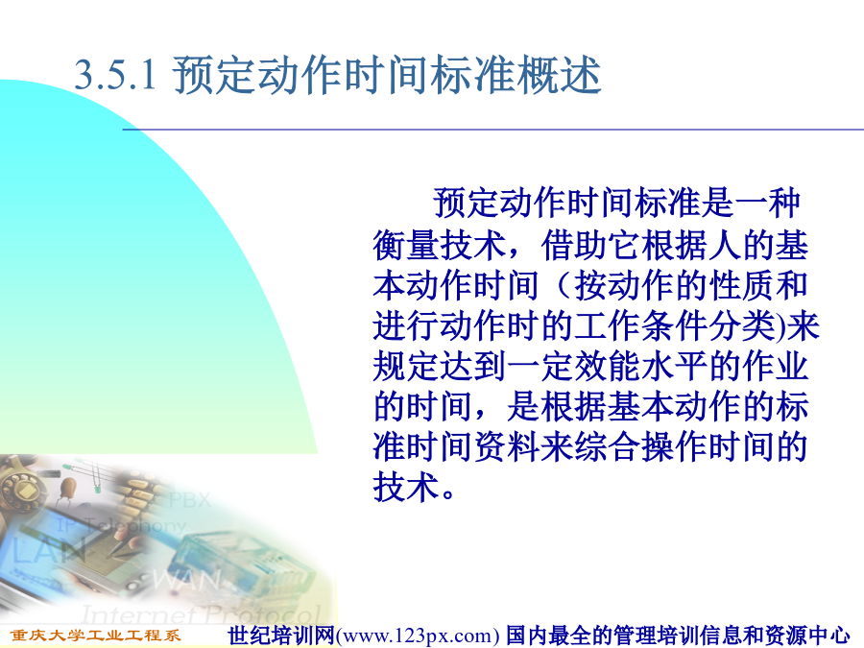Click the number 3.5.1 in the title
click(x=115, y=74)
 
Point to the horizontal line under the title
click(x=492, y=130)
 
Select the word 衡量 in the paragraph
click(x=405, y=245)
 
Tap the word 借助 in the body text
click(x=574, y=245)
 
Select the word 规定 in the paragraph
click(x=405, y=367)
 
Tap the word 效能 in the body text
click(x=608, y=367)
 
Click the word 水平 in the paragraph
click(x=675, y=367)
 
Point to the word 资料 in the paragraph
click(x=507, y=446)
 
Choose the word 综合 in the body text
click(x=608, y=446)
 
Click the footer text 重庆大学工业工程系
click(x=95, y=636)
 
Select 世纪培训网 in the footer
click(x=281, y=636)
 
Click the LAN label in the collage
click(x=49, y=550)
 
